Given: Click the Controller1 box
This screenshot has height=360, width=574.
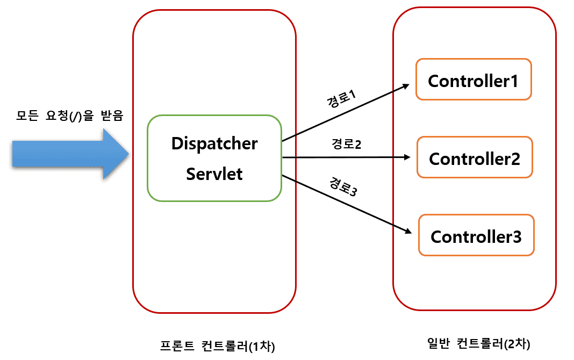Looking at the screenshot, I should (x=473, y=80).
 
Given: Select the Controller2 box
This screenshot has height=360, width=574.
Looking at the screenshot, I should (x=475, y=157).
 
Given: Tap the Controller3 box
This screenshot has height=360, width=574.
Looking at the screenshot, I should (x=476, y=235).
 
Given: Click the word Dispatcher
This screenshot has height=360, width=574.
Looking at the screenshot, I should (x=214, y=144).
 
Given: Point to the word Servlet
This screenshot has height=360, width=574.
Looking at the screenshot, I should (x=214, y=174).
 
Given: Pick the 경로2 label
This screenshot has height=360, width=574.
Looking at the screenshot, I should (x=346, y=145).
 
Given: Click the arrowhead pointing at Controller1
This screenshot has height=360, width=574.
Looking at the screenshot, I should (x=407, y=86).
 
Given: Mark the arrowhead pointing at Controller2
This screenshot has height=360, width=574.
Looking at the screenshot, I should (x=407, y=157).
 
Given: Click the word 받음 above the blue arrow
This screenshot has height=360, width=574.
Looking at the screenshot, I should (x=112, y=115).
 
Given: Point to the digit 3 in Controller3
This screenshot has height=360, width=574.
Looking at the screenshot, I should (x=516, y=236).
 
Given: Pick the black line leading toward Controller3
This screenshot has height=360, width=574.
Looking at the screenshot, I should (x=344, y=203).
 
